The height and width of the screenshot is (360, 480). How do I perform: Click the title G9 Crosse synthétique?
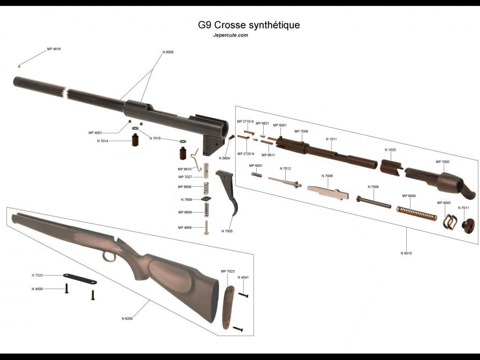point(249,25)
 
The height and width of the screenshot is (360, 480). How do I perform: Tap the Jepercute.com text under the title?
point(230,36)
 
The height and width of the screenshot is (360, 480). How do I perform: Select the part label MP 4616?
point(54,49)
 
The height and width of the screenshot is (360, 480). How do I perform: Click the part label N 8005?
point(167,52)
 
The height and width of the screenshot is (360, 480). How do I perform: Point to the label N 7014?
point(102,141)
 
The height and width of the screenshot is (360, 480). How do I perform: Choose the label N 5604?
point(224,158)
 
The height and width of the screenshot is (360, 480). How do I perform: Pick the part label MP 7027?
point(185,177)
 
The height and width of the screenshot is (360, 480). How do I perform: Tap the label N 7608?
point(186,200)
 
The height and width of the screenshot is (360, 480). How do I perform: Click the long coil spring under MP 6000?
point(416,213)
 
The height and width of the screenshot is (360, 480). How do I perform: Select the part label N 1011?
point(331,139)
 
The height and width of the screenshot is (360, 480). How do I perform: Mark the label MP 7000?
point(442,161)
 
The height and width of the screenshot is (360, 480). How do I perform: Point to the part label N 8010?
point(406,252)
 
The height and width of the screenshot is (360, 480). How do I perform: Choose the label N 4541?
point(243,278)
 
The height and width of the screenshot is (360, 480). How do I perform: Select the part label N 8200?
point(127,319)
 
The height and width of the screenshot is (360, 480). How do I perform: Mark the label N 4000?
point(37,289)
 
